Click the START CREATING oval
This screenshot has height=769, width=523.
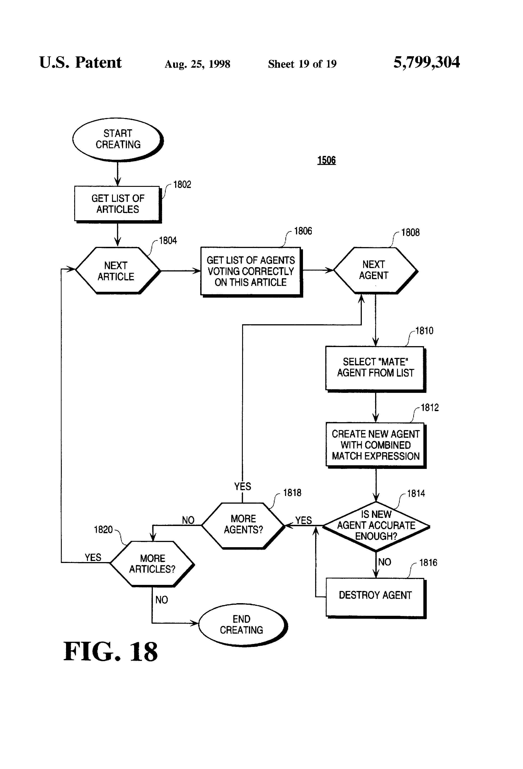tap(118, 139)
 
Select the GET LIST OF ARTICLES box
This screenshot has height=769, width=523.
tap(118, 204)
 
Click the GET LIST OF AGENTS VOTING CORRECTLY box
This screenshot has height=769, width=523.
tap(251, 271)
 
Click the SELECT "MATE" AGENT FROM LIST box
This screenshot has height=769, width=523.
tap(375, 368)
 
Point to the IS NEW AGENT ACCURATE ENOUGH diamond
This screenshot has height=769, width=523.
tap(376, 525)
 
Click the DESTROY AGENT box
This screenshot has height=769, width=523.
tap(375, 595)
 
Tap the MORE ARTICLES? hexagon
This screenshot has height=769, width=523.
tap(152, 563)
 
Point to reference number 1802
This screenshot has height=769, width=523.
tap(182, 185)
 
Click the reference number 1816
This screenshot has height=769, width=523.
tap(428, 563)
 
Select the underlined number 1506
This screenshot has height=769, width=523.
tap(326, 160)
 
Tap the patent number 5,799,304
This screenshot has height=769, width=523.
tap(427, 63)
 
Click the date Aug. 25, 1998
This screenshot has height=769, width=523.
tap(197, 64)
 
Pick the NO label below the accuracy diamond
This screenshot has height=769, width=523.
tap(385, 562)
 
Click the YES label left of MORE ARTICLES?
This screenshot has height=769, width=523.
tap(93, 557)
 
